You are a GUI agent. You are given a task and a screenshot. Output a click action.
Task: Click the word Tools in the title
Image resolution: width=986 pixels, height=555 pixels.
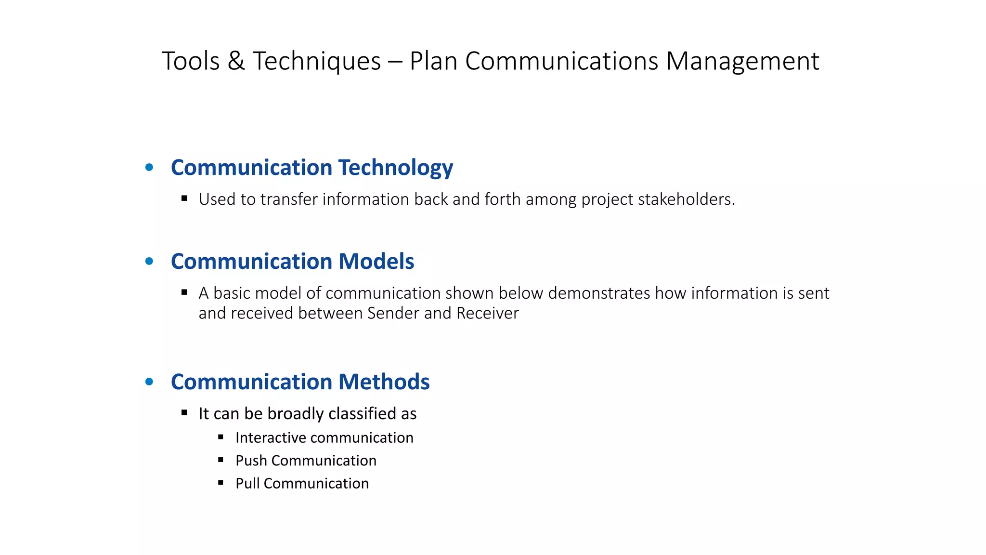point(191,61)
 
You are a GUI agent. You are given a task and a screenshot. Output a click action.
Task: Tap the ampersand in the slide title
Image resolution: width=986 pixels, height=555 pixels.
point(236,61)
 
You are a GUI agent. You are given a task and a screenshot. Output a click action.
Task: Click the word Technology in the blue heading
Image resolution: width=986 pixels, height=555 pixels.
point(395,168)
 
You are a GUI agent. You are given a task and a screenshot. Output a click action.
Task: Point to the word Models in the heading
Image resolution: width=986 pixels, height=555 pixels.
point(376,262)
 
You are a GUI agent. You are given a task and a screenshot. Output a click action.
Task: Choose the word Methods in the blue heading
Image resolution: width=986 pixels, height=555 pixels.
point(384,382)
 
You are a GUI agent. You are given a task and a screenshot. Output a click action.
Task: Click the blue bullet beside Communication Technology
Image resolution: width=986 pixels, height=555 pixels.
point(149,168)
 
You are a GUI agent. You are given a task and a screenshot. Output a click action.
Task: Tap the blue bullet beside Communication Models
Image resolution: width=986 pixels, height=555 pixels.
point(149,262)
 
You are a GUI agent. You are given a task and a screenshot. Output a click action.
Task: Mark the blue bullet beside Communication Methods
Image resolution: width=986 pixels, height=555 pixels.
point(149,382)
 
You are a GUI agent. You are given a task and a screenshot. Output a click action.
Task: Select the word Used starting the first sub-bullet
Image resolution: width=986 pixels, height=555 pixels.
point(217,199)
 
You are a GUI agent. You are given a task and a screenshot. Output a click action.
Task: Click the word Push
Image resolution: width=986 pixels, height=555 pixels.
point(251,461)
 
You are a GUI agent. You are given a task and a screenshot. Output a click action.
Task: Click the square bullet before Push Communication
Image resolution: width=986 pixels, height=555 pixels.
point(221,460)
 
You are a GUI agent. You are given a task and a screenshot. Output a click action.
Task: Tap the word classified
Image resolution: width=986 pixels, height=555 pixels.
point(356,414)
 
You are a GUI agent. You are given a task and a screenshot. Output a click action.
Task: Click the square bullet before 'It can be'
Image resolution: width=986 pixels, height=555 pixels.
point(184,413)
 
